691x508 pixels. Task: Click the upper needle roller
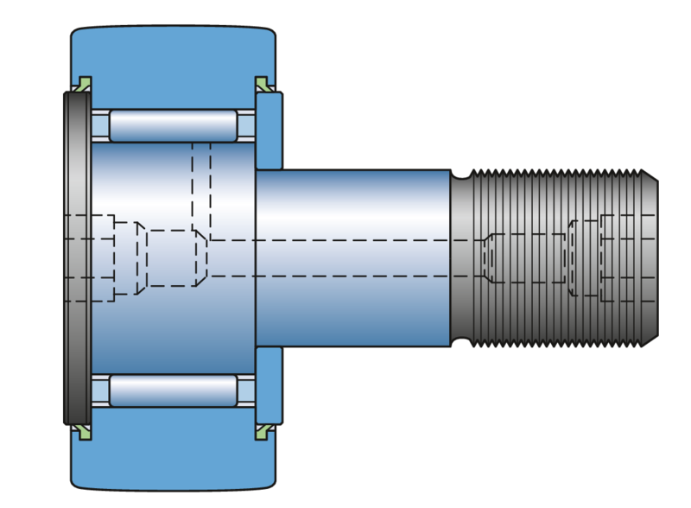pos(173,126)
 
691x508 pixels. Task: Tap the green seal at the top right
pos(262,83)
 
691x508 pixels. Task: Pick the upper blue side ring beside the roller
pos(269,130)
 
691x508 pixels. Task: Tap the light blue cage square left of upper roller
pos(100,126)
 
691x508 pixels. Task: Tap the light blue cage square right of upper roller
pos(246,126)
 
